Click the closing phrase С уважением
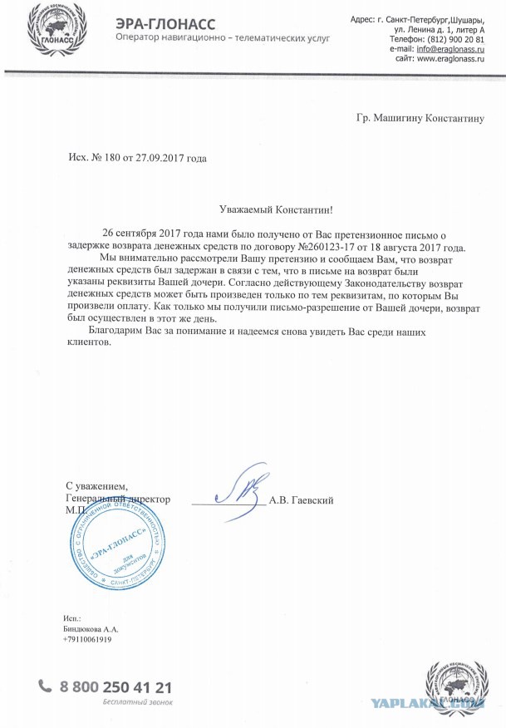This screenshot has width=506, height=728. click(97, 485)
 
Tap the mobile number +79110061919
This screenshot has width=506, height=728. click(87, 639)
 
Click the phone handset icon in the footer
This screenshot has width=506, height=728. click(45, 686)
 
